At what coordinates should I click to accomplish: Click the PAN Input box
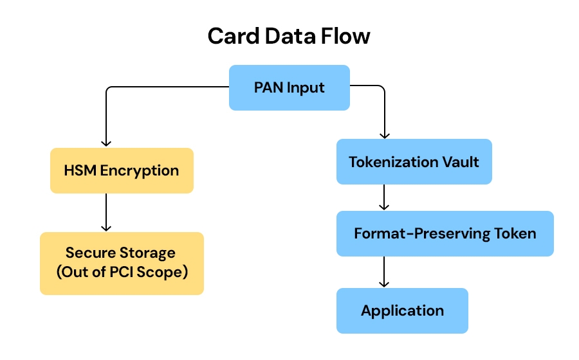click(x=289, y=87)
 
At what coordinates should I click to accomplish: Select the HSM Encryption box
click(x=122, y=170)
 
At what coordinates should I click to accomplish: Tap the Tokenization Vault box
click(x=414, y=161)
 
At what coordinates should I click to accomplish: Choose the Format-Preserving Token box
click(x=445, y=233)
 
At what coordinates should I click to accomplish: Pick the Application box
click(x=402, y=310)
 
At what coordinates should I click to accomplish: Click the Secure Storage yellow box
click(x=122, y=263)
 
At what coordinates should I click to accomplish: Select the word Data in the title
click(x=287, y=37)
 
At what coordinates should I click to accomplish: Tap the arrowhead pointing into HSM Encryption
click(x=107, y=143)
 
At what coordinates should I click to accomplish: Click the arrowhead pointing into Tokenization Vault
click(x=385, y=134)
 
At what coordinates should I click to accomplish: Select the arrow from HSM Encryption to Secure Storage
click(x=107, y=212)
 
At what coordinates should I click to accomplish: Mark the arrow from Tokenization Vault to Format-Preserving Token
click(x=385, y=197)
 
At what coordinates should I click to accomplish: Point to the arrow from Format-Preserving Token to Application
click(x=385, y=272)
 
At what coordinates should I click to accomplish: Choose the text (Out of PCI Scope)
click(x=122, y=272)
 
